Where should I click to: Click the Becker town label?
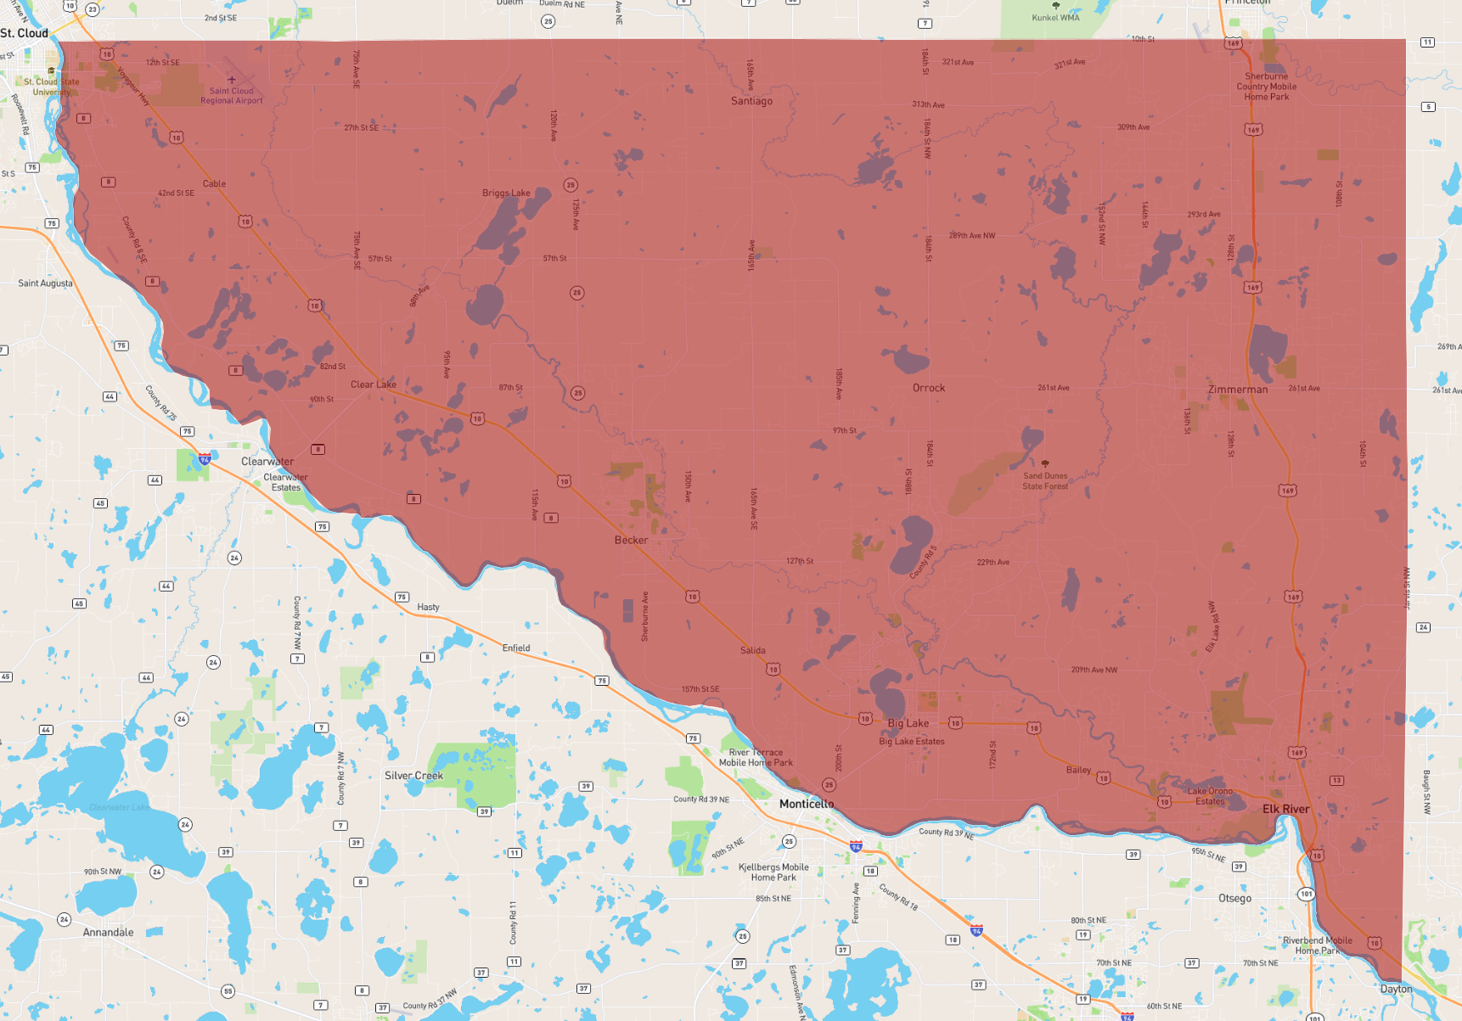tap(631, 540)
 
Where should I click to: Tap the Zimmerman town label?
tap(1238, 390)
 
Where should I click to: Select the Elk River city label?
tap(1285, 809)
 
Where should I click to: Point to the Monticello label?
tap(807, 804)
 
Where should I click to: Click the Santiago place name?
tap(751, 101)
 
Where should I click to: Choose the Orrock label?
tap(929, 388)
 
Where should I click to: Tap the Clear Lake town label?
tap(374, 384)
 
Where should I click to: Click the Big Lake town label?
tap(908, 723)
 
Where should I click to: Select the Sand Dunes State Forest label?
tap(1045, 481)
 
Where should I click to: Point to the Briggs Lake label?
tap(506, 193)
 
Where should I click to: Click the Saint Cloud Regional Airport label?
tap(232, 95)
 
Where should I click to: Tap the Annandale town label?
tap(108, 932)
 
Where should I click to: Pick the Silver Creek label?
tap(413, 776)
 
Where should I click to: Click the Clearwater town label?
tap(267, 462)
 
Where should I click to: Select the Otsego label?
tap(1234, 898)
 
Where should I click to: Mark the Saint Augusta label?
tap(46, 283)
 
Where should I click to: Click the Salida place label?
tap(752, 651)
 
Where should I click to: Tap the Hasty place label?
tap(428, 607)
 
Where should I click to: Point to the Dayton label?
tap(1396, 989)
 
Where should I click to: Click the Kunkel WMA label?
tap(1055, 18)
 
